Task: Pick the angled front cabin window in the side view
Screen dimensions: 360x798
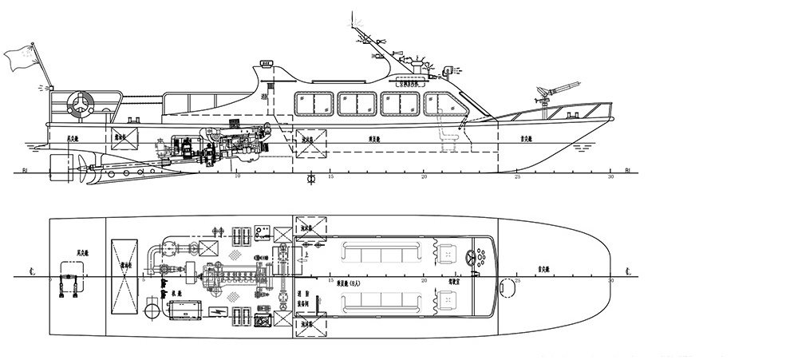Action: pyautogui.click(x=441, y=103)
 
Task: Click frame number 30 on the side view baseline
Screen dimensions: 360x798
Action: pyautogui.click(x=611, y=177)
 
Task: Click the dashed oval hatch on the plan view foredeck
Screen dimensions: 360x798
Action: pyautogui.click(x=506, y=286)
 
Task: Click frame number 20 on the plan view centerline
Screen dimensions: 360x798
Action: pyautogui.click(x=425, y=280)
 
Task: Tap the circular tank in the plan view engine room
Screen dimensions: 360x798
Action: pyautogui.click(x=153, y=307)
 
